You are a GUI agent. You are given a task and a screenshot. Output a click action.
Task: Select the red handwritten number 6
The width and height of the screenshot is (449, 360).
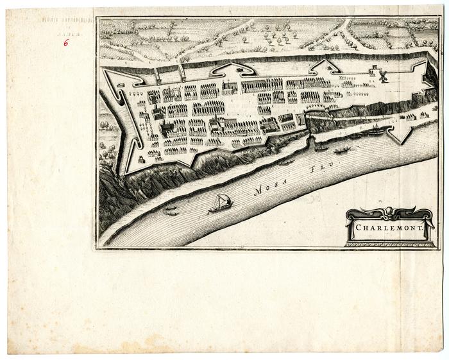(65, 43)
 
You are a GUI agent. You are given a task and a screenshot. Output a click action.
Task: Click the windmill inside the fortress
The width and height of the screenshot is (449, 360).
(384, 76)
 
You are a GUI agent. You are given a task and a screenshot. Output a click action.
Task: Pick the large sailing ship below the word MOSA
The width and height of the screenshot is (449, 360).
(221, 203)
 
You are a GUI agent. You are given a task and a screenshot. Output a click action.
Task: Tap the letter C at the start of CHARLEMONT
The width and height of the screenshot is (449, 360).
(360, 227)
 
